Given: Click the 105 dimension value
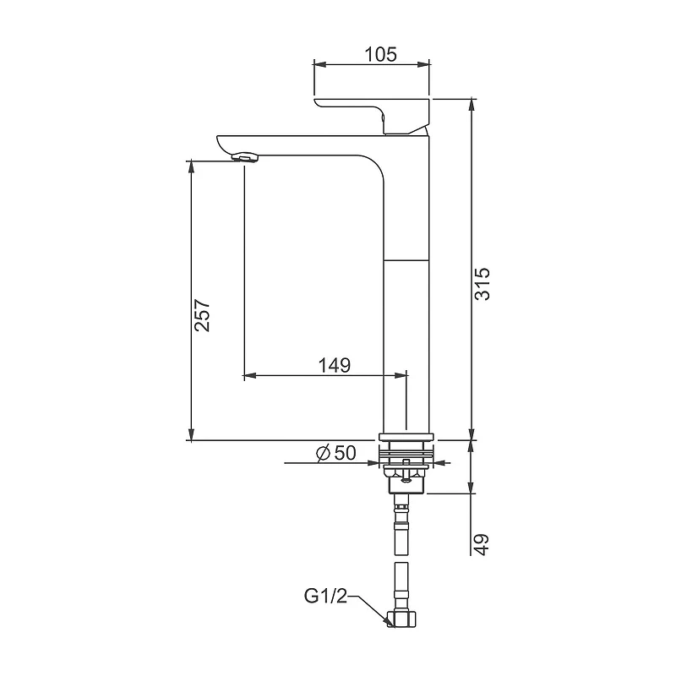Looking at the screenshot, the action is pyautogui.click(x=381, y=55).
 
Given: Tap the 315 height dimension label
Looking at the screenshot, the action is pyautogui.click(x=482, y=284).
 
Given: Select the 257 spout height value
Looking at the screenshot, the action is pyautogui.click(x=202, y=315).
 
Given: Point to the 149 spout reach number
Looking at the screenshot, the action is pyautogui.click(x=335, y=366).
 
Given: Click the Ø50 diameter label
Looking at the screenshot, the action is pyautogui.click(x=335, y=453).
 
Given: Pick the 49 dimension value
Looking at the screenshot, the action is pyautogui.click(x=482, y=544).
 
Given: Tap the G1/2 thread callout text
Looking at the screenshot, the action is pyautogui.click(x=325, y=597).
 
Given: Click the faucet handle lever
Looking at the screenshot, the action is pyautogui.click(x=373, y=116).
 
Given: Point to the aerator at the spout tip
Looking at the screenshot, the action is pyautogui.click(x=245, y=157).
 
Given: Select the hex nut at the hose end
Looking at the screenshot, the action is pyautogui.click(x=403, y=619).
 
